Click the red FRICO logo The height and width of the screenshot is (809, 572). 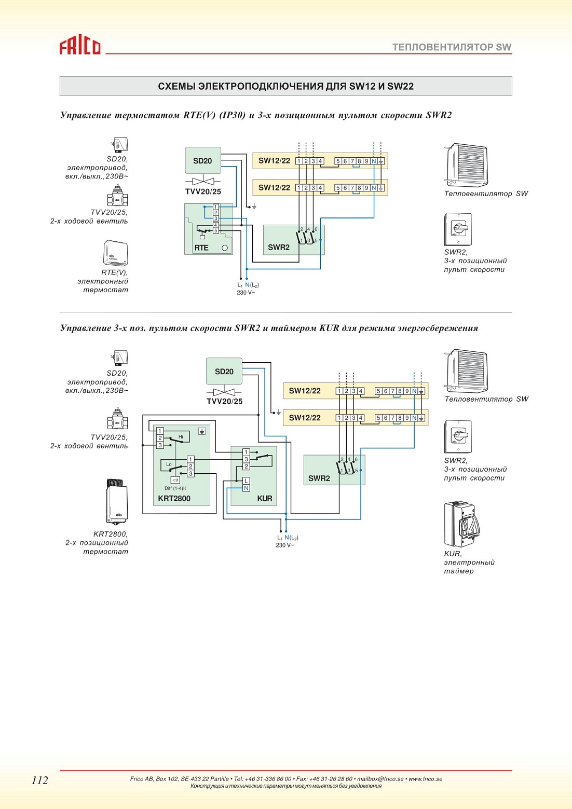point(80,47)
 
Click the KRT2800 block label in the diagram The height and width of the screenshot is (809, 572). point(174,498)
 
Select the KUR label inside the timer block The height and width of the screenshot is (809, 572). point(265,498)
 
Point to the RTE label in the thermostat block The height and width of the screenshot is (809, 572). point(201,248)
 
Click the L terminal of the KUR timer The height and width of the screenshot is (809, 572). point(246,481)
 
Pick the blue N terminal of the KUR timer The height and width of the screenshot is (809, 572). point(246,488)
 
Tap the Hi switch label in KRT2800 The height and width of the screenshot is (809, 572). point(181,436)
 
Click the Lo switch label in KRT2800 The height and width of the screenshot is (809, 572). point(169,464)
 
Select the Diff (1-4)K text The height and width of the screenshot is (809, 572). point(175,488)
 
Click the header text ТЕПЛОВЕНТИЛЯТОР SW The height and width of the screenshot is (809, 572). point(452,47)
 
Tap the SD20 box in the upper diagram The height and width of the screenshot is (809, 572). point(203,160)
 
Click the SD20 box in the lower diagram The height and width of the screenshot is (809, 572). point(224,371)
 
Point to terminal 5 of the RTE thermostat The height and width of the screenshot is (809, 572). point(216,230)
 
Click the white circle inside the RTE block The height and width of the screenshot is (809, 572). point(225,248)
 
